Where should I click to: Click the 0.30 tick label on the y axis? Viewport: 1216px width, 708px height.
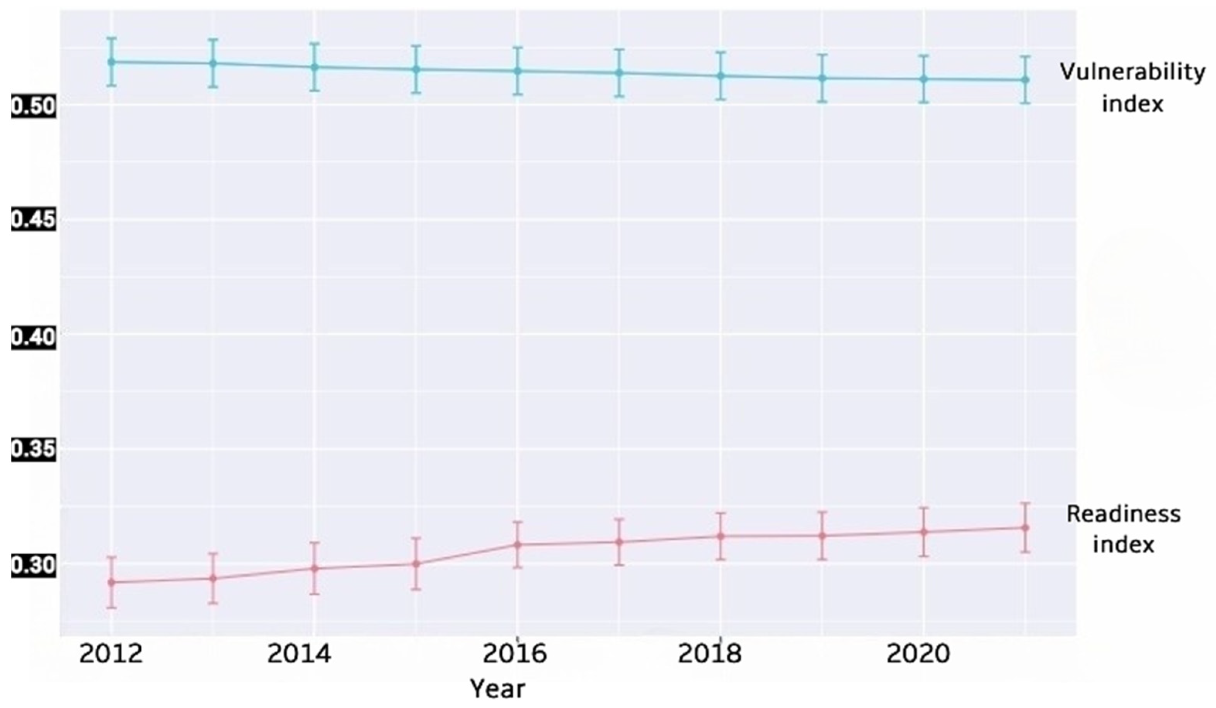click(33, 565)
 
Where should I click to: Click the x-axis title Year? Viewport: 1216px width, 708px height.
click(497, 689)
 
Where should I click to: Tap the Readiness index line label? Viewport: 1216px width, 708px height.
click(1123, 529)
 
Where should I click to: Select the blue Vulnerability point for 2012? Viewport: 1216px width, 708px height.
click(111, 62)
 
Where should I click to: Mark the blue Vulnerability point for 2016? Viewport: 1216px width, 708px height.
click(517, 71)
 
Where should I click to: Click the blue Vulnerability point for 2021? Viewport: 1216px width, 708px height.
click(1025, 80)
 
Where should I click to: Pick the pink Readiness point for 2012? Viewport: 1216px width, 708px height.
click(111, 582)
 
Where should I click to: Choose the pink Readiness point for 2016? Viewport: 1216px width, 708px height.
click(517, 545)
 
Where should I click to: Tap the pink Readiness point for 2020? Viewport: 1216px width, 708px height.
click(923, 532)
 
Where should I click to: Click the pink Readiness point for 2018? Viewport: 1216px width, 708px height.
click(720, 536)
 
